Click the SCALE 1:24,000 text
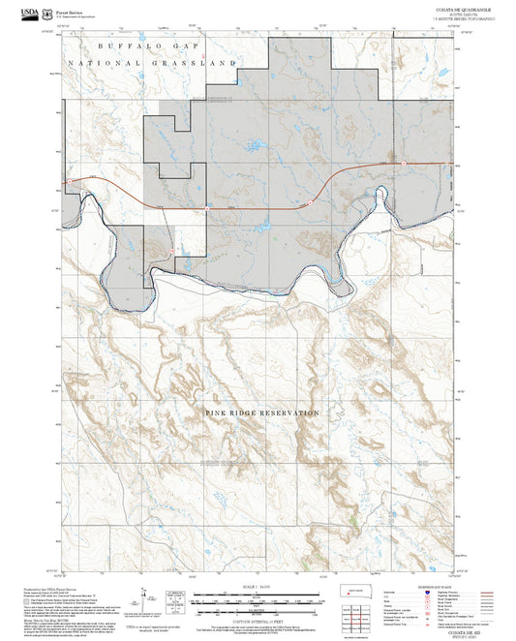257,587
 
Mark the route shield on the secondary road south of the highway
172,250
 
